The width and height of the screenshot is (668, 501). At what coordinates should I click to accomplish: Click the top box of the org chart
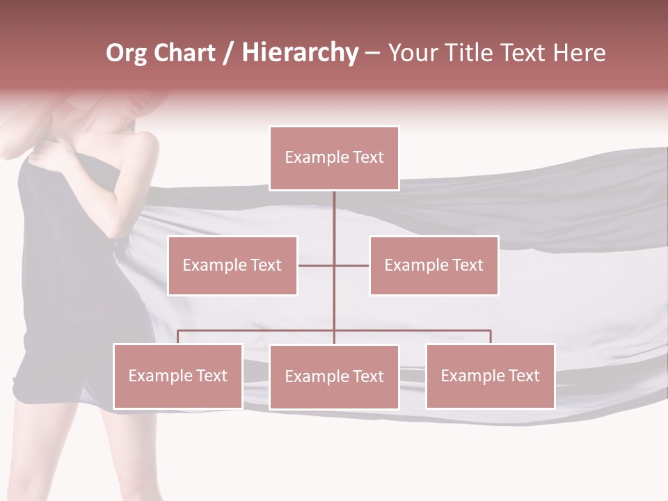[334, 158]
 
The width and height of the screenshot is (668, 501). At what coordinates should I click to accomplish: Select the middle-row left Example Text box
[232, 265]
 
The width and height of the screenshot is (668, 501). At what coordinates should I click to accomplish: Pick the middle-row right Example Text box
[434, 265]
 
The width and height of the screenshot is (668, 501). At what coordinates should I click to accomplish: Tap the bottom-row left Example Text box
[177, 376]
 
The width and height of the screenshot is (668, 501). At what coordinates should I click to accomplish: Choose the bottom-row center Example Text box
[334, 376]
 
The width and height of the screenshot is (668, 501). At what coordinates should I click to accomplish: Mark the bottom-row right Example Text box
[490, 376]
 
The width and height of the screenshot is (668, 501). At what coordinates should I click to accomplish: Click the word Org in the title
[126, 54]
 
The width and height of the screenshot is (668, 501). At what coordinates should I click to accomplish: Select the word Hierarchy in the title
[299, 54]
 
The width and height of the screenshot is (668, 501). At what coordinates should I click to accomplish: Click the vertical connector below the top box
[334, 223]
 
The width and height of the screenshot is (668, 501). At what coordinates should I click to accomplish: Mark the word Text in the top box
[367, 157]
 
